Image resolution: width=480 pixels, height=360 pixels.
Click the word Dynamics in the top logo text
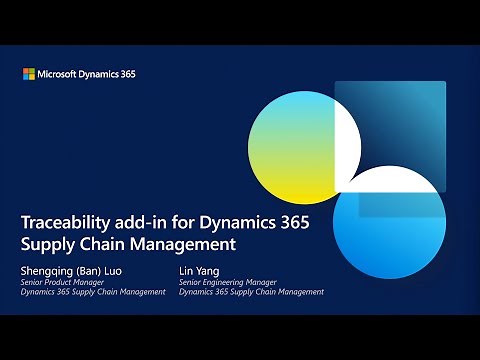[x=100, y=74]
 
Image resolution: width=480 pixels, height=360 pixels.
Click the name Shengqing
[x=48, y=270]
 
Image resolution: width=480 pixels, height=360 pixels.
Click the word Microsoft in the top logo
[x=59, y=74]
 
